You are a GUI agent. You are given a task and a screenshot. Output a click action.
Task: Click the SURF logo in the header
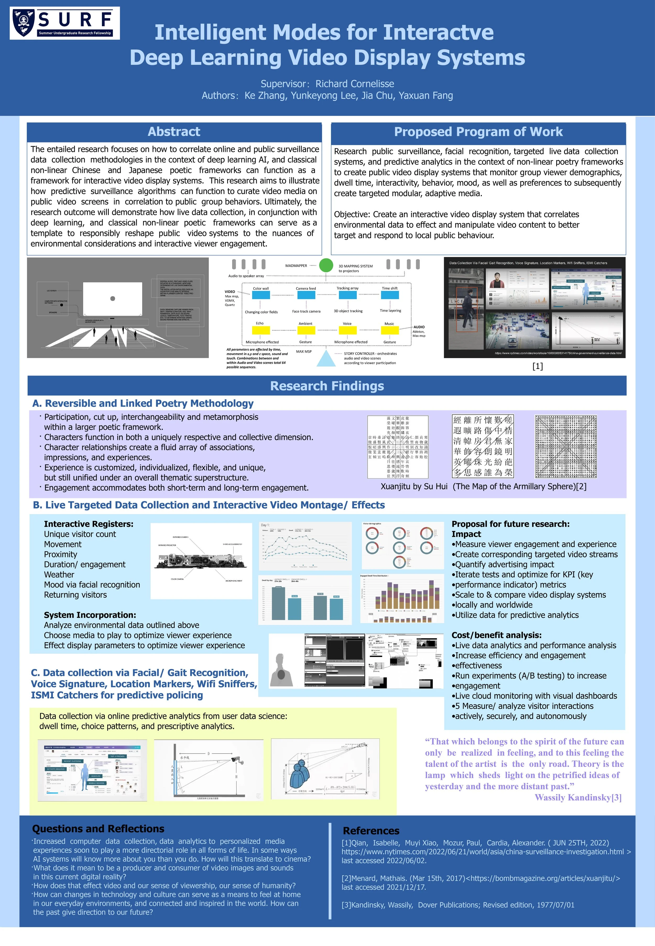(x=64, y=23)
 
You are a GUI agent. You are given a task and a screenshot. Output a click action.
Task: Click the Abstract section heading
(x=174, y=132)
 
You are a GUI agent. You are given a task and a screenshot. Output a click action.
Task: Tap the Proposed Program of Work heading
(x=478, y=132)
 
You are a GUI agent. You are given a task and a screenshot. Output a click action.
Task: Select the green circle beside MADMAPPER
(x=326, y=265)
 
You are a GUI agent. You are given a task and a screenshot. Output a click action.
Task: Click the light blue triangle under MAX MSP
(x=326, y=358)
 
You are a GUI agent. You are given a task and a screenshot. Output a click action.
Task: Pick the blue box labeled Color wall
(x=261, y=295)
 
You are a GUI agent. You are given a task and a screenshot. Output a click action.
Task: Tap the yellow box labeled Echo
(x=260, y=330)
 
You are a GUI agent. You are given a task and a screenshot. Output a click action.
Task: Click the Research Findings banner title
(x=327, y=386)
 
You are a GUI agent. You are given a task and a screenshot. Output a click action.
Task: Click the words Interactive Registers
(x=89, y=524)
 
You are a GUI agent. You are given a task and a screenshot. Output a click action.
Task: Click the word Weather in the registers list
(x=59, y=575)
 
